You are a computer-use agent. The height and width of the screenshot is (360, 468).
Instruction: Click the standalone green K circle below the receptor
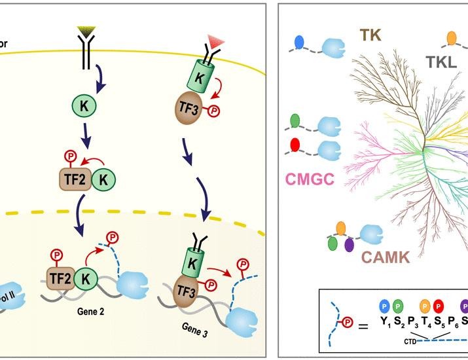point(83,105)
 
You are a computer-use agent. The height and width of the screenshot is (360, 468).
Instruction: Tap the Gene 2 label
point(93,311)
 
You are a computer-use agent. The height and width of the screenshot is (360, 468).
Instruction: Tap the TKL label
point(441,62)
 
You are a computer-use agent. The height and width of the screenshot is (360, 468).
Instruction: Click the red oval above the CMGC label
point(296,144)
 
